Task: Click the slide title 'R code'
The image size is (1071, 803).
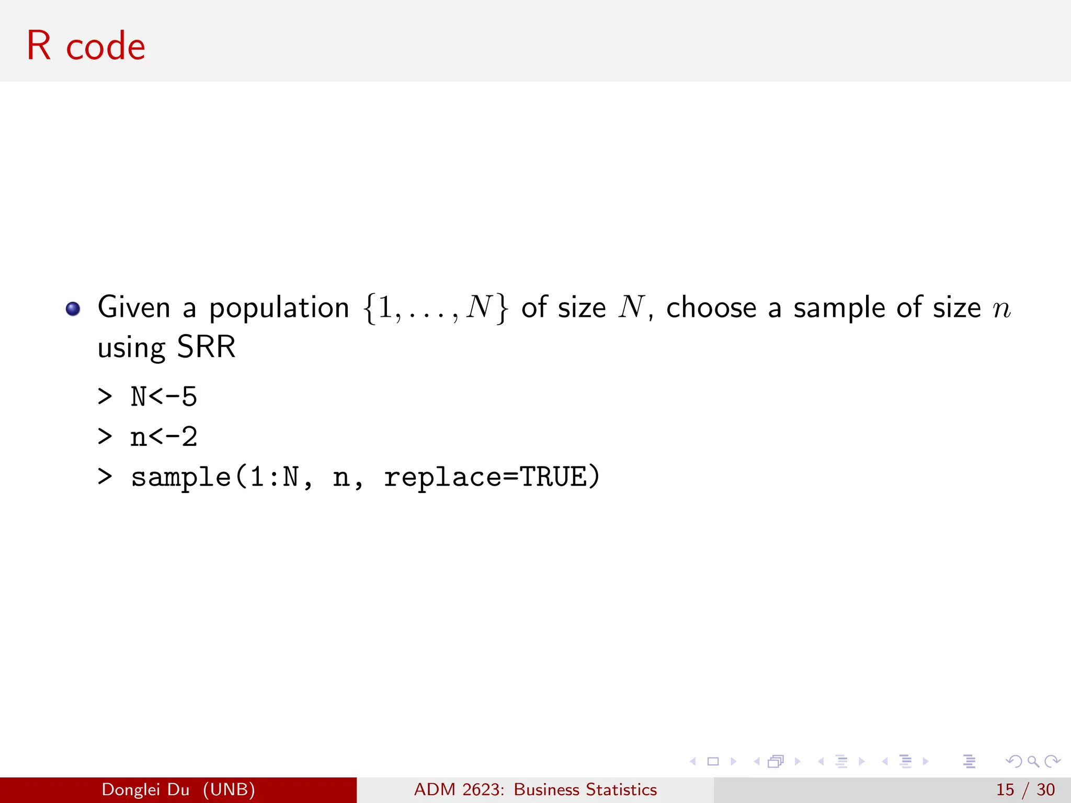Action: point(86,46)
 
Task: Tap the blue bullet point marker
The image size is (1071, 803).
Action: point(73,309)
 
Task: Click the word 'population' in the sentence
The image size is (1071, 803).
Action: point(279,308)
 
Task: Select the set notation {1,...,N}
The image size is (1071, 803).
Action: point(435,308)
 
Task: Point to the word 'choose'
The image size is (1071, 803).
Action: point(711,307)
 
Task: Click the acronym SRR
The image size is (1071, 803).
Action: point(206,347)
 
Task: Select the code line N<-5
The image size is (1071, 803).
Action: point(163,397)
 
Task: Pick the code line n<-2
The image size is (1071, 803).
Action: point(163,437)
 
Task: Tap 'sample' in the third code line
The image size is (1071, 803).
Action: point(180,477)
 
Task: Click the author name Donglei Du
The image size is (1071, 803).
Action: point(145,789)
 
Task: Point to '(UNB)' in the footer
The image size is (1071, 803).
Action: point(229,789)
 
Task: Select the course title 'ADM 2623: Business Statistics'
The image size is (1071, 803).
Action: point(535,789)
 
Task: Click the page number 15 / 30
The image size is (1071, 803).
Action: point(1025,789)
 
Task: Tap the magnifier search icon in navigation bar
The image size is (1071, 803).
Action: point(1033,761)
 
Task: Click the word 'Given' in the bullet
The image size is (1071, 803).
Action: point(134,307)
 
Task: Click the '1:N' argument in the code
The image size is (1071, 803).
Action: point(274,477)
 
